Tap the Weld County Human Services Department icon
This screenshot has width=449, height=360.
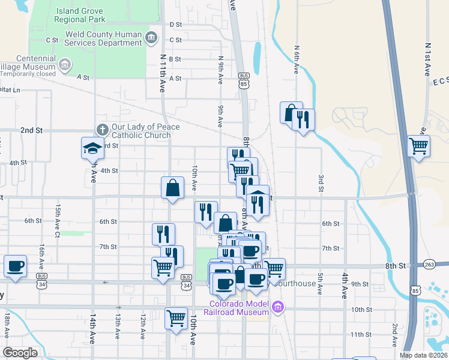(x=151, y=38)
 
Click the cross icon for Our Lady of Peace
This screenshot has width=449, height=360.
(x=102, y=130)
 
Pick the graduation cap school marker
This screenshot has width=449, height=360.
(x=93, y=148)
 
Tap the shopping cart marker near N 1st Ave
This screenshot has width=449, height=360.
(x=418, y=145)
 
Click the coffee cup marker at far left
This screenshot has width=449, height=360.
(x=15, y=265)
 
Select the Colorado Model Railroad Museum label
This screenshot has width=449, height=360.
(x=239, y=307)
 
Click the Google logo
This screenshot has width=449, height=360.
(x=20, y=353)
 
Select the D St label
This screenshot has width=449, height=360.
(x=175, y=25)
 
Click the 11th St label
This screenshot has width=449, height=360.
(x=361, y=334)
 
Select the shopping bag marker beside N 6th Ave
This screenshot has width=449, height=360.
(x=291, y=112)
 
